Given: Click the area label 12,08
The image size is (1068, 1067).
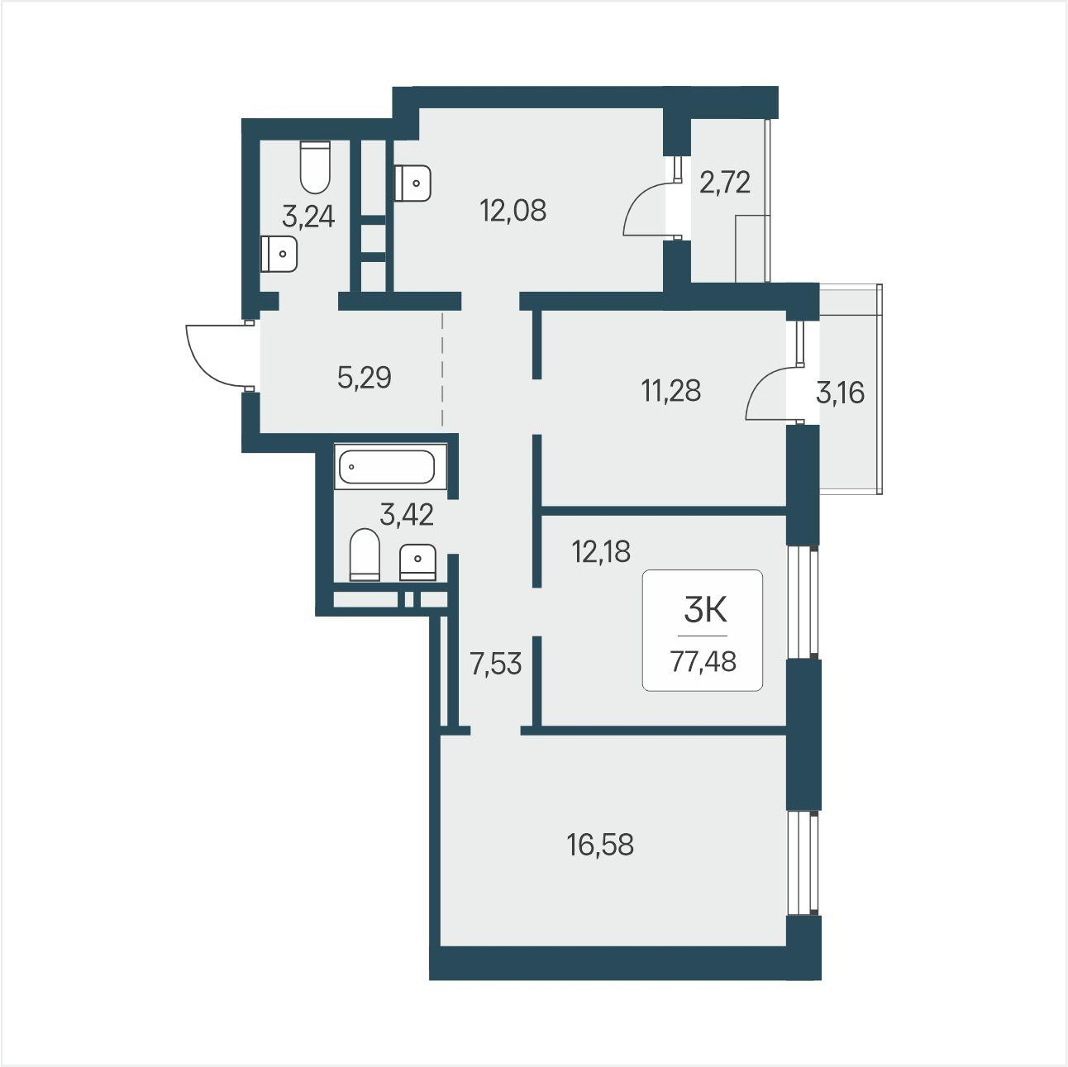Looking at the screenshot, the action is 513,211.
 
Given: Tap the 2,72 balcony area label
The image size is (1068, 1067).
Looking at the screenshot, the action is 725,183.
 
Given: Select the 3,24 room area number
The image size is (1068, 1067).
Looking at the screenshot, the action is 308,217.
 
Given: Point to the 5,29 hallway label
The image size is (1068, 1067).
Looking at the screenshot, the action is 365,378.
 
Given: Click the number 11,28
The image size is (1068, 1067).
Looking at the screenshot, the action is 671,391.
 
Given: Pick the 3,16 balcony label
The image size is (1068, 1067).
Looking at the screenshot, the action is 840,393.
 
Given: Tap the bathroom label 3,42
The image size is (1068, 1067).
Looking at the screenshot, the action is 406,515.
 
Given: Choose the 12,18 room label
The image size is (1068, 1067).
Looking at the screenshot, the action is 601,552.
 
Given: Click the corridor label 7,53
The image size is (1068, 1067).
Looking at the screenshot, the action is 495,664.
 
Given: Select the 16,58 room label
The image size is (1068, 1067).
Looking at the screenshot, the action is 600,846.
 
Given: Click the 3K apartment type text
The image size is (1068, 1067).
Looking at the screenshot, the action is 705,612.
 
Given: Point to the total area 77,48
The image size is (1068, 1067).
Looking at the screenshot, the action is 703,661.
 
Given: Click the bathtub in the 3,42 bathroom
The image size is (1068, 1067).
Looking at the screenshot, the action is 390,466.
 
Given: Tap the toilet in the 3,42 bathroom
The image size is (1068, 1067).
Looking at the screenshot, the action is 365,555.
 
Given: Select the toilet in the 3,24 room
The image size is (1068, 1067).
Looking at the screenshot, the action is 315,167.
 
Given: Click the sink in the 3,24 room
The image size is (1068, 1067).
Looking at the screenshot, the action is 279,254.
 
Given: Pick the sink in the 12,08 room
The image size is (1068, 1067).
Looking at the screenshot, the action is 412,183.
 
